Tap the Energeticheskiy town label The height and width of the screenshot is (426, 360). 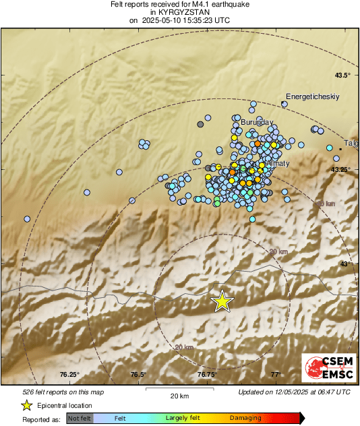pyautogui.click(x=312, y=96)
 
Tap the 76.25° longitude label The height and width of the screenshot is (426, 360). pyautogui.click(x=69, y=374)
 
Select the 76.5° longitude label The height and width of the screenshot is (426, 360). pyautogui.click(x=138, y=374)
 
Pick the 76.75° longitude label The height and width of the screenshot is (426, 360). pyautogui.click(x=207, y=374)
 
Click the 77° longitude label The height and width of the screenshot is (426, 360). pyautogui.click(x=275, y=374)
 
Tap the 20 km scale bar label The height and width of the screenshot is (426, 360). pyautogui.click(x=179, y=396)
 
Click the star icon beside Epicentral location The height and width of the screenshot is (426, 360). pyautogui.click(x=26, y=405)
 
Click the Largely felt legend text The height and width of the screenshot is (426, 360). pyautogui.click(x=180, y=418)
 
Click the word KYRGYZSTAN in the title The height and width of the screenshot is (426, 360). pyautogui.click(x=180, y=12)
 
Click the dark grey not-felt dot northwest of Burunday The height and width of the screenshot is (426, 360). pyautogui.click(x=200, y=124)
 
